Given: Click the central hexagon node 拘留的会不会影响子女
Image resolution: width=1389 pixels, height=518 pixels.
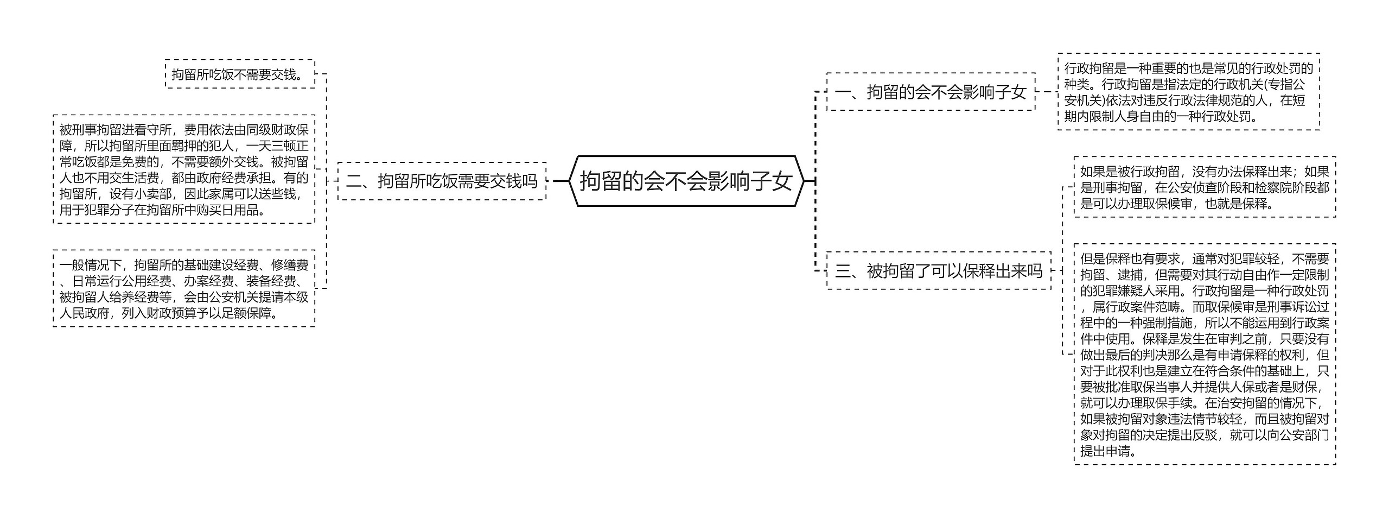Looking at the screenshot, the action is (x=686, y=181).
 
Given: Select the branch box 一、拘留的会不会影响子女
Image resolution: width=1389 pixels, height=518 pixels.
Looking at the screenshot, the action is (x=930, y=92).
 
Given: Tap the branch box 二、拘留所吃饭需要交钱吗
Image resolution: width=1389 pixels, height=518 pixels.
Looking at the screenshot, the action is (x=442, y=181).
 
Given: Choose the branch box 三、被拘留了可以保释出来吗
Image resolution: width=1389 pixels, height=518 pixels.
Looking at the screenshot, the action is (x=938, y=270).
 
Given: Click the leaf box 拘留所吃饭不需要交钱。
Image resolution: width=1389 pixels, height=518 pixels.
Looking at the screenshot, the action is (x=240, y=74).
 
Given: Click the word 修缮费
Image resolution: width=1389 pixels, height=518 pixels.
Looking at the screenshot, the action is (x=290, y=265).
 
